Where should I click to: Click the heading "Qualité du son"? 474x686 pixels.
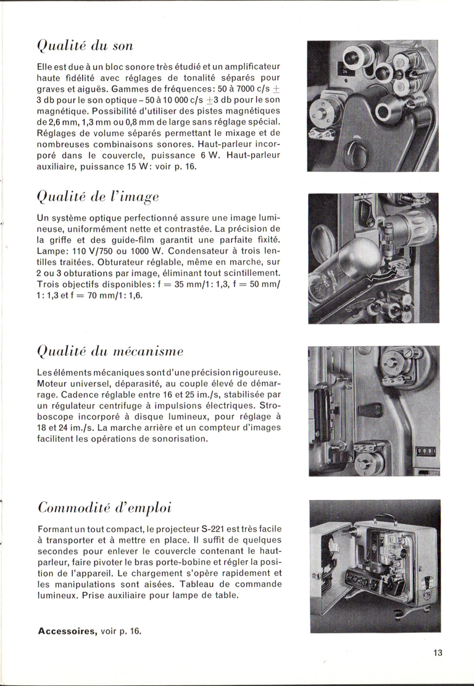(x=85, y=46)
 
